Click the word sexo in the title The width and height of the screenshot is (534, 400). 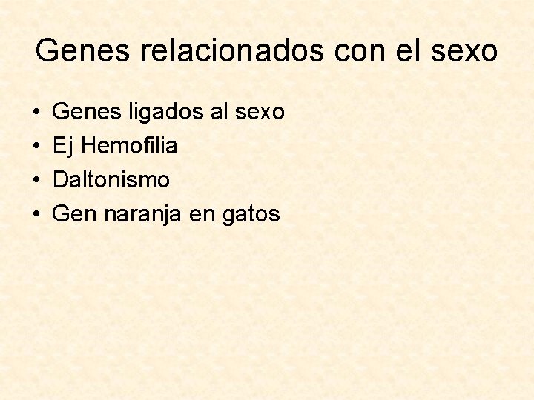(467, 51)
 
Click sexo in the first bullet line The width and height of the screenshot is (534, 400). (260, 112)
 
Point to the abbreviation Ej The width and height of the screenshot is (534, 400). (64, 147)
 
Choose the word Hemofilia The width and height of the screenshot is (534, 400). (129, 146)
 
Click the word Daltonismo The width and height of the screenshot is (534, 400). (111, 180)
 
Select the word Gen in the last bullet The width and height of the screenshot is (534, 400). (75, 214)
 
